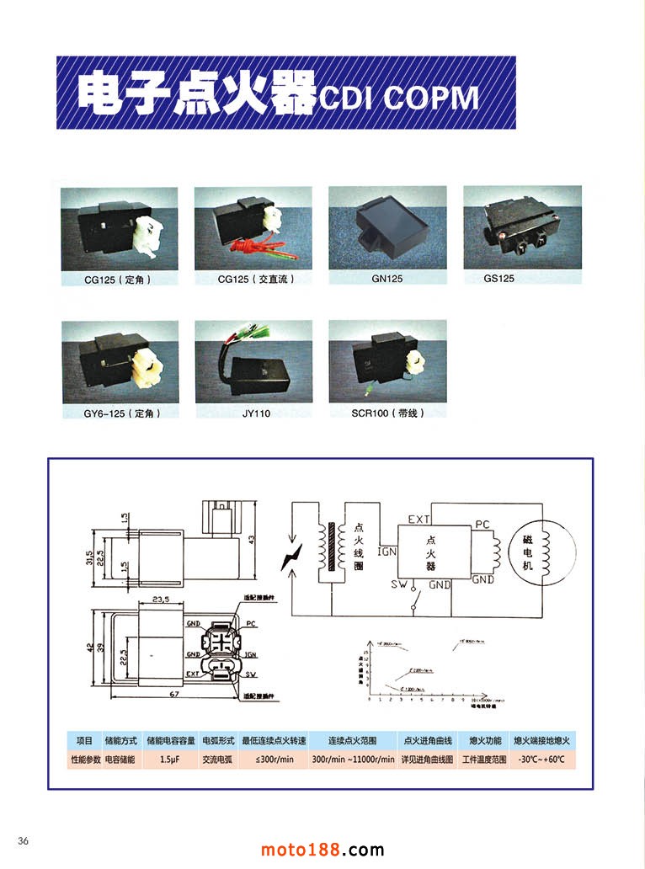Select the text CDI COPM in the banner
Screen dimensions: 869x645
click(399, 99)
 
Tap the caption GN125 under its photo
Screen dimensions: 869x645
click(386, 278)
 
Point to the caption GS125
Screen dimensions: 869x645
click(498, 278)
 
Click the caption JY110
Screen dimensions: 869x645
click(256, 413)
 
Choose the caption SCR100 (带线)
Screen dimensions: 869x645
click(387, 413)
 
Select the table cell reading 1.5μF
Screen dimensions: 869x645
click(168, 759)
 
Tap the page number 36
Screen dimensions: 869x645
click(23, 840)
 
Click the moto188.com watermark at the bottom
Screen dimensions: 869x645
click(322, 850)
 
